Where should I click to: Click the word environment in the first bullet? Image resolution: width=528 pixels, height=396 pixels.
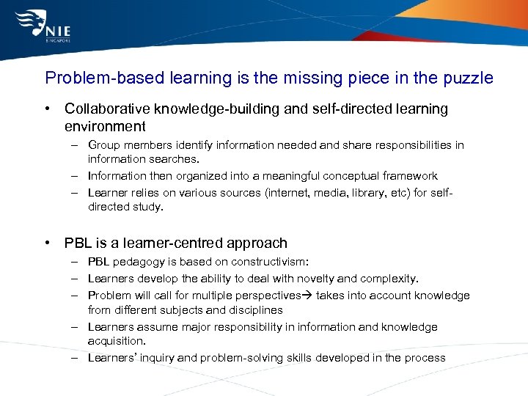point(105,126)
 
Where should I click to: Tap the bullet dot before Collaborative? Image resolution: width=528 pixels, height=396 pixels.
point(47,109)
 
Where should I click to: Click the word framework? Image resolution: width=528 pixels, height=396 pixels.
point(409,176)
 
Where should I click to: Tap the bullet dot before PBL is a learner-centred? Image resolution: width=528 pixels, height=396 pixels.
point(47,243)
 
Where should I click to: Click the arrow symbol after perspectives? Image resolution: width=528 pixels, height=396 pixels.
point(307,296)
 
